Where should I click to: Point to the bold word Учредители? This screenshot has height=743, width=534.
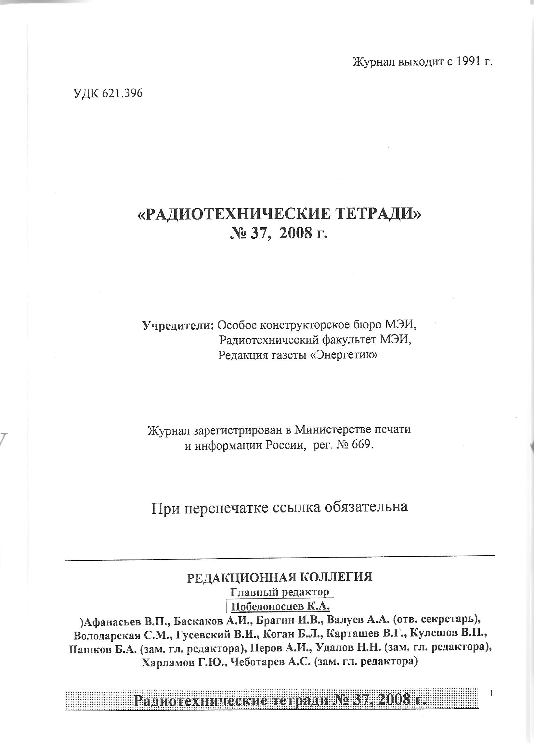click(x=178, y=325)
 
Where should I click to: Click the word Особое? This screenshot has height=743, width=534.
click(x=238, y=325)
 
